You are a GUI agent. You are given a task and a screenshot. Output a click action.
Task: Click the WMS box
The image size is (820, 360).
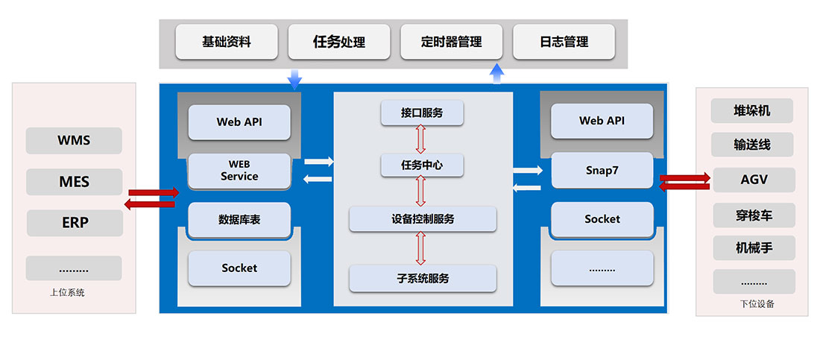(x=74, y=140)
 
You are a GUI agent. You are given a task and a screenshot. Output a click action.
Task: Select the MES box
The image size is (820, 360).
(x=74, y=181)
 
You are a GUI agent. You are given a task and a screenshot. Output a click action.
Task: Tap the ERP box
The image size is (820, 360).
(x=75, y=223)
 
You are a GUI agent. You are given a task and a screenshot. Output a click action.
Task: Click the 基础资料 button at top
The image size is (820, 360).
(x=227, y=42)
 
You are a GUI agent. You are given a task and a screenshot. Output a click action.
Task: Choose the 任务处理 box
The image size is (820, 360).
(x=339, y=42)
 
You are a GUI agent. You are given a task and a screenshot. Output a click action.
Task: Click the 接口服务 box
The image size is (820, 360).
(x=422, y=113)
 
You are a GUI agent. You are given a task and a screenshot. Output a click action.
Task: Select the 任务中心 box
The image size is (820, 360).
(x=422, y=165)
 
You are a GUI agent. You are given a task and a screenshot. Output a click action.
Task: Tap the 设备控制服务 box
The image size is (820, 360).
(x=423, y=219)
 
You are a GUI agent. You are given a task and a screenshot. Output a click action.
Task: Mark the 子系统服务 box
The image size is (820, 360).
(x=423, y=278)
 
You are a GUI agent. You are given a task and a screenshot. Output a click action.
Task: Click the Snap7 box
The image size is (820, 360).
(x=602, y=171)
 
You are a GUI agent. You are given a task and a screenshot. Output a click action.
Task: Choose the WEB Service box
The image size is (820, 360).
(x=239, y=171)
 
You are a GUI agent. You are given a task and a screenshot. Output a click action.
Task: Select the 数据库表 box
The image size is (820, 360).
(x=239, y=220)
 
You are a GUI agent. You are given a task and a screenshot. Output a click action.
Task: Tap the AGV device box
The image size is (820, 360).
(x=754, y=180)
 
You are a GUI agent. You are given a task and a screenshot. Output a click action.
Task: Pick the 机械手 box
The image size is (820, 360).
(x=754, y=248)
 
